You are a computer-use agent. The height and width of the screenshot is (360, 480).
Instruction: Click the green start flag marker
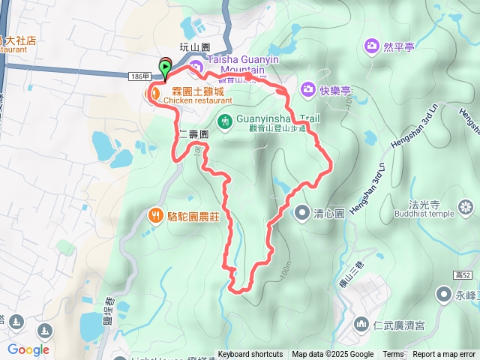pos(165,66)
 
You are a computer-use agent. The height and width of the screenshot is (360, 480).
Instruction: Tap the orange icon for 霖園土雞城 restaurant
pos(154,93)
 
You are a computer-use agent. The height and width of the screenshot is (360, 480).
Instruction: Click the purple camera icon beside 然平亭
pos(371,47)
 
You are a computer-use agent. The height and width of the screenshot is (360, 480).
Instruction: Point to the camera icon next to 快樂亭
pos(307,90)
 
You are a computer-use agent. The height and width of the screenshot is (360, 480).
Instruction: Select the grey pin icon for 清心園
pos(301,212)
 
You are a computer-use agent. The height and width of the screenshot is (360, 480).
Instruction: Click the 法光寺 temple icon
pos(466,206)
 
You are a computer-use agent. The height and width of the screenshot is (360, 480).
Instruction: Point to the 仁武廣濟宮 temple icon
pos(361,325)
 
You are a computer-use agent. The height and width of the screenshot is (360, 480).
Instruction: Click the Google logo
pos(28,349)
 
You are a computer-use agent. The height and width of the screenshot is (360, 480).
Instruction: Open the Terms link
pos(393,355)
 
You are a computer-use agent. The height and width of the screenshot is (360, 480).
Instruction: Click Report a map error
pos(444,355)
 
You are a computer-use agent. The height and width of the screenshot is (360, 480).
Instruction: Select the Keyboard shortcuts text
pos(250,355)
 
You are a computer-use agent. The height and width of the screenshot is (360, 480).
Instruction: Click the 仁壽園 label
pos(193,133)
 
